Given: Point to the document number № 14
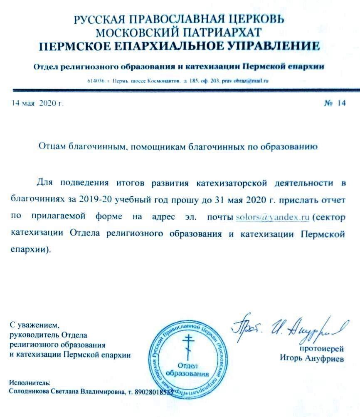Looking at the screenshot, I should [x=334, y=104].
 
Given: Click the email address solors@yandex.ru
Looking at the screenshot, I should [x=272, y=217].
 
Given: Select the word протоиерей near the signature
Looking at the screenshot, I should [x=321, y=348].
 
